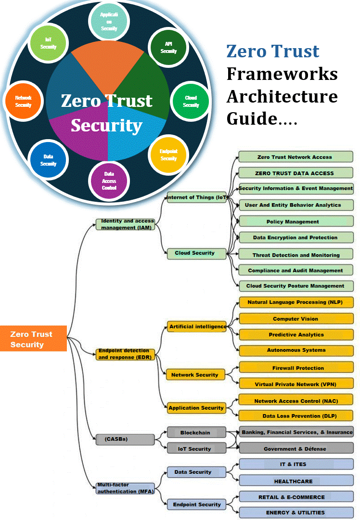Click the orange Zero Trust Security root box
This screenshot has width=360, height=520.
point(33,339)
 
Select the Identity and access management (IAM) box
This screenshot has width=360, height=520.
point(125,224)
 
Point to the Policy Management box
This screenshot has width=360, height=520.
point(296,221)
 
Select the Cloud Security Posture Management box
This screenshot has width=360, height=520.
point(296,286)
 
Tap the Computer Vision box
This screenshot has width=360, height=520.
point(296,319)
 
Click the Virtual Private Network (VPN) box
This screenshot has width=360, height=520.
point(296,384)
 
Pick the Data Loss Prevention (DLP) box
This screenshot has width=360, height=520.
point(296,416)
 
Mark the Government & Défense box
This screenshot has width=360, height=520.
point(296,449)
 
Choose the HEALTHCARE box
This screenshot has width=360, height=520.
point(296,481)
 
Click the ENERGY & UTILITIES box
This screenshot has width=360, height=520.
point(296,512)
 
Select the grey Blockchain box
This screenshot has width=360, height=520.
point(196,432)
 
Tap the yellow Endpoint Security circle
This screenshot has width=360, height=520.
point(168,155)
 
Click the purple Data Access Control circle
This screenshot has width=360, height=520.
point(109,181)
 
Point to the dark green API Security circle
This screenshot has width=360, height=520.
point(168,47)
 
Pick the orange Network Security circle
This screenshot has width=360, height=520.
point(23,101)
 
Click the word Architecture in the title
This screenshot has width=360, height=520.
point(282,96)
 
